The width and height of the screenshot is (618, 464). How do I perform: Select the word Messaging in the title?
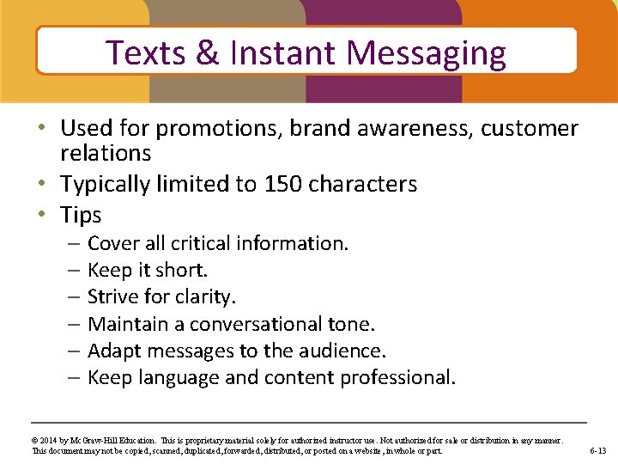pos(426,53)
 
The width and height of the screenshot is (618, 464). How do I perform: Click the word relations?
pos(106,154)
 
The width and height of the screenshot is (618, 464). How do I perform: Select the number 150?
pos(284,184)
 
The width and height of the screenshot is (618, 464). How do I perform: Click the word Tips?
pos(81,215)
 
